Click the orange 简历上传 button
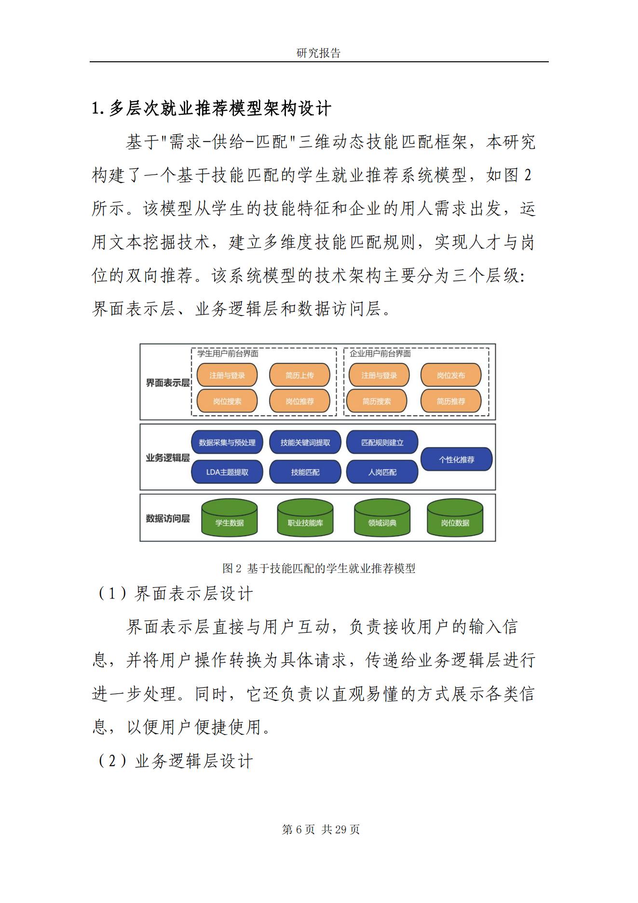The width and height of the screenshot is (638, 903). [x=299, y=375]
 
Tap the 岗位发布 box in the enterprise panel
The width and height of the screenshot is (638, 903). [x=451, y=375]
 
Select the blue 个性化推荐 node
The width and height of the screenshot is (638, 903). [x=456, y=459]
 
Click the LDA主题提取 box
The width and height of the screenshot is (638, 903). [x=227, y=472]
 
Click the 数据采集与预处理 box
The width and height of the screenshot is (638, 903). [x=227, y=443]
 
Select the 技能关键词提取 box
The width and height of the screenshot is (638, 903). [x=305, y=443]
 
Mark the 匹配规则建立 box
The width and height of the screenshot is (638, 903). [x=382, y=443]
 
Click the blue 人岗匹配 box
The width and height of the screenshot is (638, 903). [x=382, y=472]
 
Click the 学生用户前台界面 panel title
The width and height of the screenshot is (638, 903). [x=228, y=354]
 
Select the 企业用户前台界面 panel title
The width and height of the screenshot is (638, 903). [x=380, y=354]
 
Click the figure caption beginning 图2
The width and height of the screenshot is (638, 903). [x=319, y=569]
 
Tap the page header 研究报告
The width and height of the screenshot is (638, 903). [x=318, y=53]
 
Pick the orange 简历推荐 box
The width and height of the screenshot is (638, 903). [x=451, y=401]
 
